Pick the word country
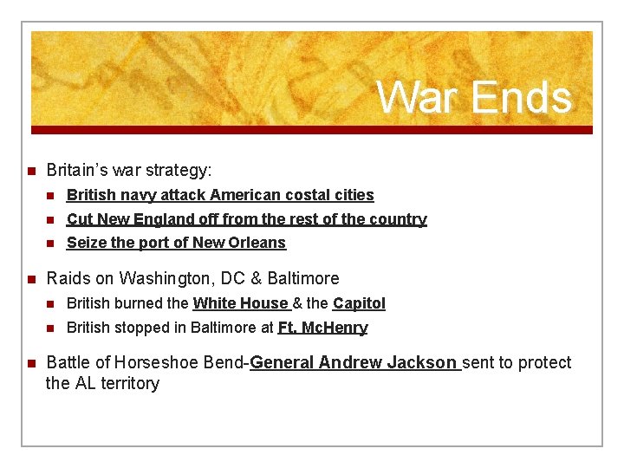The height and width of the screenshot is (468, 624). click(396, 219)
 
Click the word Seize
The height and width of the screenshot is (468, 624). click(85, 243)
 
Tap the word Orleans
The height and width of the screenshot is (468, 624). click(257, 243)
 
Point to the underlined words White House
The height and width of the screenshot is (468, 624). click(241, 303)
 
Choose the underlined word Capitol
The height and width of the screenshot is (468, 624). click(359, 303)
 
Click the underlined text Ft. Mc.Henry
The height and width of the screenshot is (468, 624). click(322, 328)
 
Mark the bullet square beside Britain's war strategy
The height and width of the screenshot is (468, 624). click(29, 171)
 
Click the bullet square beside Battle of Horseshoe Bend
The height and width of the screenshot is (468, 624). click(29, 362)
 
